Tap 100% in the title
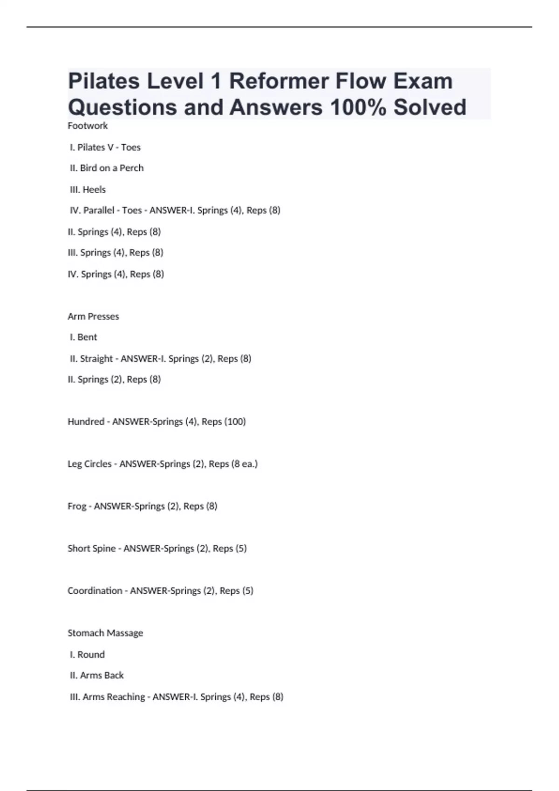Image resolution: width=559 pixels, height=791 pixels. (358, 107)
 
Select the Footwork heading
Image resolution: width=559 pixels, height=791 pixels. (88, 126)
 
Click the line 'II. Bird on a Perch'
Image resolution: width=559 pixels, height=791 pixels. (107, 168)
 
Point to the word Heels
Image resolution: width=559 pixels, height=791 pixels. (94, 189)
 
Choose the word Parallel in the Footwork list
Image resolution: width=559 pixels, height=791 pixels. (99, 210)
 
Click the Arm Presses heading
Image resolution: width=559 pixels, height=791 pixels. (93, 316)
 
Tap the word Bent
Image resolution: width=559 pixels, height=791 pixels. (87, 337)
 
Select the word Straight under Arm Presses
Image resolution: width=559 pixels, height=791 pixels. (96, 358)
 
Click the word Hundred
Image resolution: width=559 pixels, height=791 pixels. (86, 422)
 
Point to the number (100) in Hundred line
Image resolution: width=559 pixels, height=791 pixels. (235, 422)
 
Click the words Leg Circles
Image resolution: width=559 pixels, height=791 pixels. (89, 464)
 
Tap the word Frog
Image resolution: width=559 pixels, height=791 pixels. (77, 506)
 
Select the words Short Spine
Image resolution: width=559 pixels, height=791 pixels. (91, 549)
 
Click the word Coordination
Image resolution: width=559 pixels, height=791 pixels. (95, 591)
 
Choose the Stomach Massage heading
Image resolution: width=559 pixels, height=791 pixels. (105, 633)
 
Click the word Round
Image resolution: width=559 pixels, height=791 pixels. (91, 655)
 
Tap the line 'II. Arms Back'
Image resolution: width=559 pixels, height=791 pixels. (97, 675)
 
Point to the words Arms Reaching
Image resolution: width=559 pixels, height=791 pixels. (114, 697)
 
